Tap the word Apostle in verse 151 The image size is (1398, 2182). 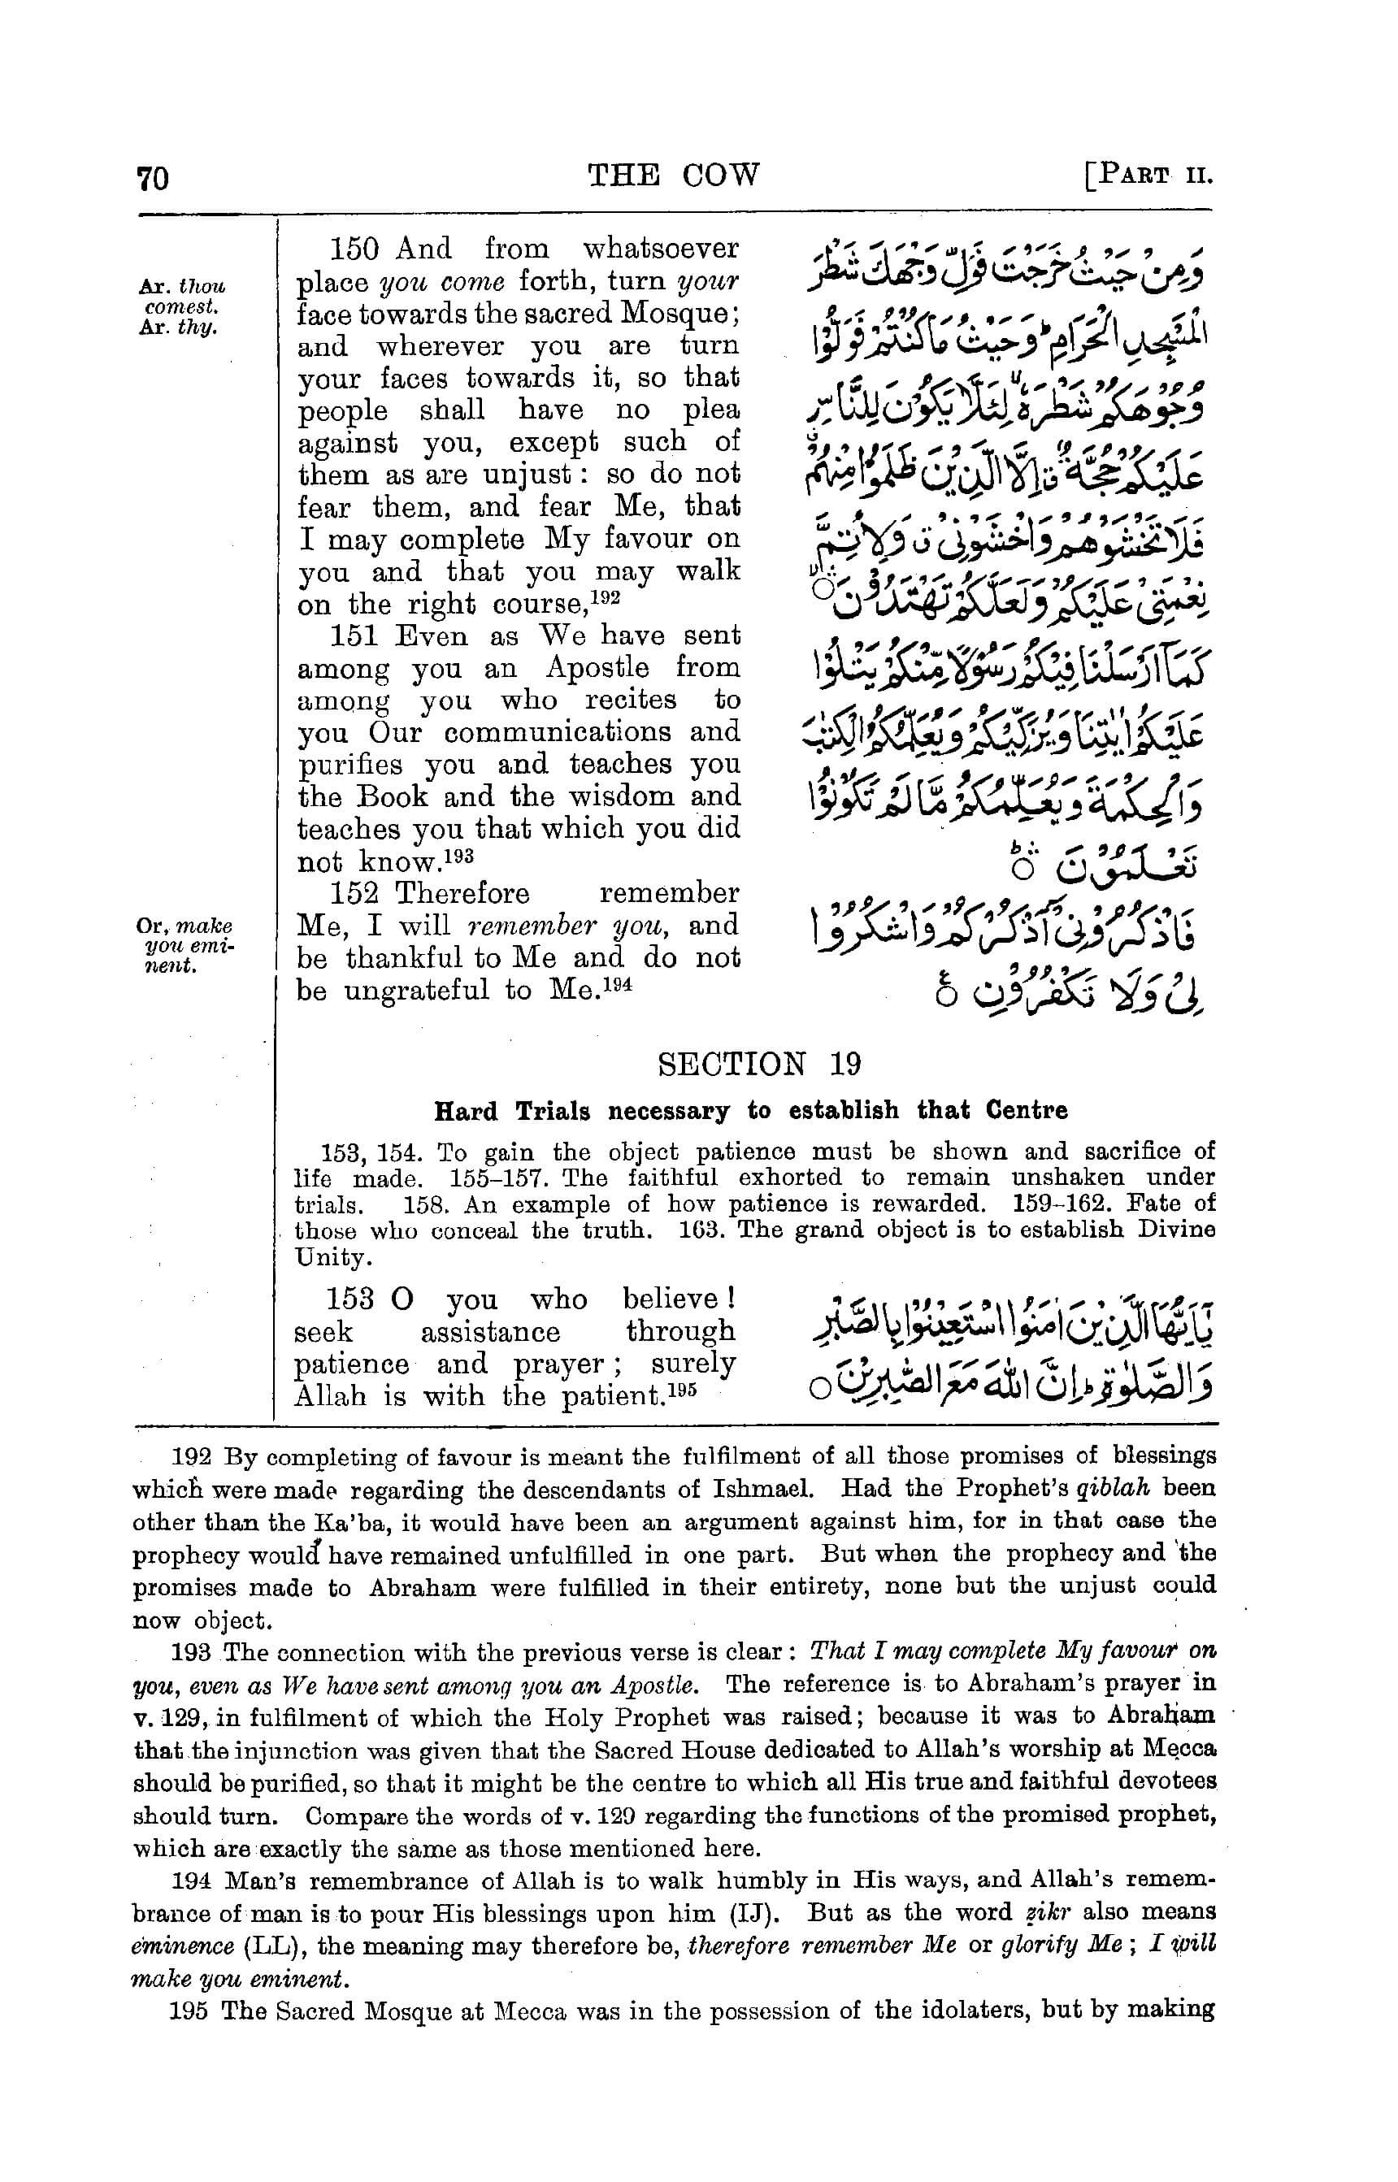(x=597, y=668)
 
